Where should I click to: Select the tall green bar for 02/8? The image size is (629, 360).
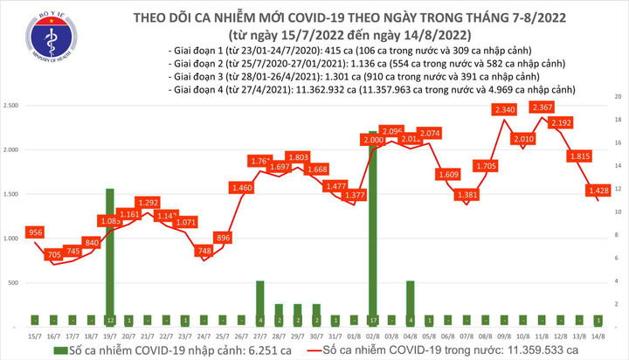pyautogui.click(x=374, y=227)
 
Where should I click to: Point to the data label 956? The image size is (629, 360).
pyautogui.click(x=37, y=233)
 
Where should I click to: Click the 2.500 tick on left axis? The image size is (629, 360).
pyautogui.click(x=14, y=105)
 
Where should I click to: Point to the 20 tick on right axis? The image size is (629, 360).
pyautogui.click(x=619, y=95)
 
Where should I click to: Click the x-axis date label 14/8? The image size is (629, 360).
pyautogui.click(x=598, y=336)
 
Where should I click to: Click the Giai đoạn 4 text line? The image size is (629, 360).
pyautogui.click(x=373, y=89)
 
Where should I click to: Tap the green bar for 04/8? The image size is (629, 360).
pyautogui.click(x=411, y=302)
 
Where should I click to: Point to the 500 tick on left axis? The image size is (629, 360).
pyautogui.click(x=17, y=283)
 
